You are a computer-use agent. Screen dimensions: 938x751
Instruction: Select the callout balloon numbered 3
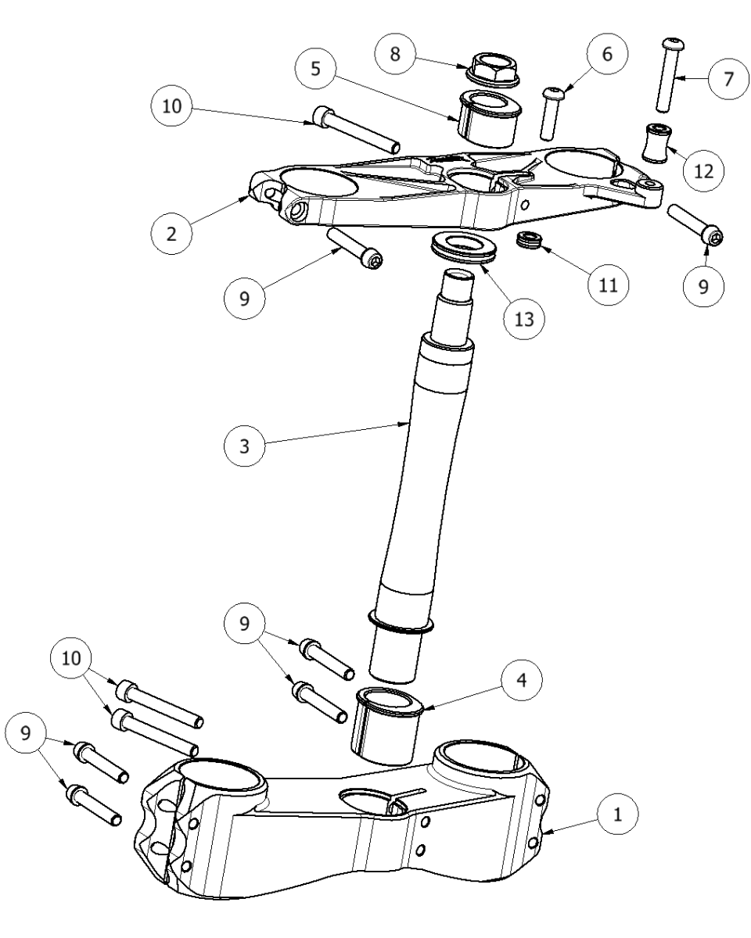point(243,447)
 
